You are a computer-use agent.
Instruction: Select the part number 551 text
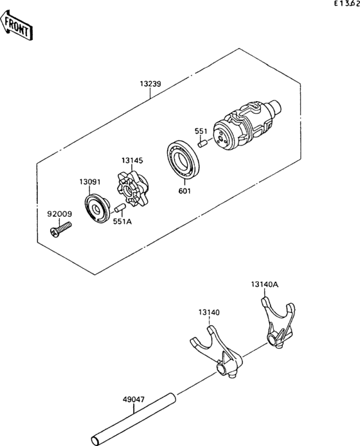pos(201,131)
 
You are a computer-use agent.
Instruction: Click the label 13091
pos(90,182)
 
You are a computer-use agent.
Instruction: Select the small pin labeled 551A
pos(119,209)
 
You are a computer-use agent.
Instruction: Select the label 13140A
pos(264,283)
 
